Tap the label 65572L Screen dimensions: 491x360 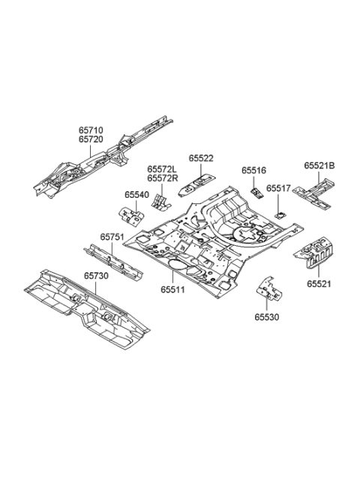click(x=163, y=169)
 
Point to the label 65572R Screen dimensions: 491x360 click(x=163, y=178)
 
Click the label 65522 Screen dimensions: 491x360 click(x=201, y=158)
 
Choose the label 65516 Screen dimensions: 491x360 click(x=253, y=171)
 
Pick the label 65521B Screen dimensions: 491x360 click(x=319, y=165)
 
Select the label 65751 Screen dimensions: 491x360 click(x=112, y=236)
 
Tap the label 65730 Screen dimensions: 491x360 click(x=95, y=276)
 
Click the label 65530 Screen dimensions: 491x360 click(x=266, y=316)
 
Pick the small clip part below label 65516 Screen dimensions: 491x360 click(x=256, y=191)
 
